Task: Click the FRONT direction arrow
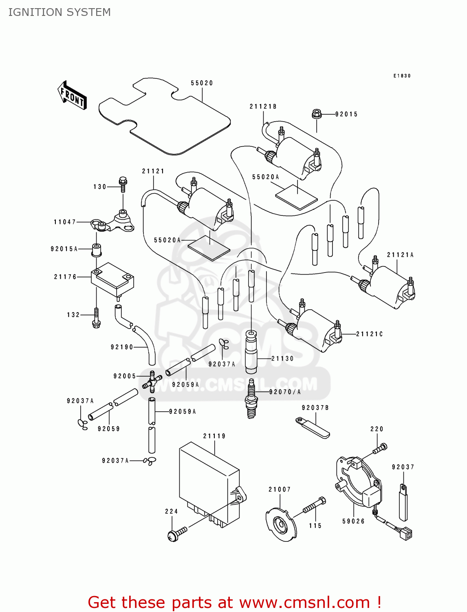tap(72, 95)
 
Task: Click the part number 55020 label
tap(202, 83)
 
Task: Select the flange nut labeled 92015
tap(317, 114)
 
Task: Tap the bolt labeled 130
tap(123, 184)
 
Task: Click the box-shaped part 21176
tap(112, 279)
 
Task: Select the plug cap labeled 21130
tap(251, 352)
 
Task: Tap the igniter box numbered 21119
tap(209, 483)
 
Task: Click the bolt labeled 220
tap(380, 449)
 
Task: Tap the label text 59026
tap(353, 521)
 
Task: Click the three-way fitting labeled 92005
tap(151, 381)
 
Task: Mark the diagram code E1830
tap(402, 76)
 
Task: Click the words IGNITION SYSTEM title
tap(59, 12)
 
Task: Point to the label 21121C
tap(369, 334)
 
